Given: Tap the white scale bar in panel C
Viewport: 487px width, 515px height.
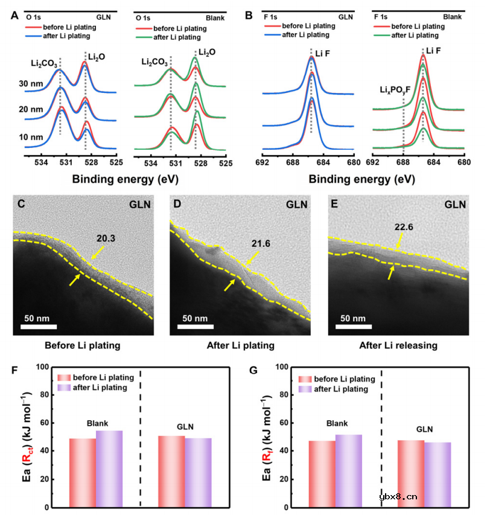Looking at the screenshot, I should point(39,327).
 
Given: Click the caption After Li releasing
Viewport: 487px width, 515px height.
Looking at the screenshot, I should point(399,345).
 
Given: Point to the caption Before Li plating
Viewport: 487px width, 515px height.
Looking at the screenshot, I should point(83,345).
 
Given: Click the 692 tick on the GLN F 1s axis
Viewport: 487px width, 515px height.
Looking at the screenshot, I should point(263,162).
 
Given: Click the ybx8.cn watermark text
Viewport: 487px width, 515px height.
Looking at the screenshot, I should point(398,497).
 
